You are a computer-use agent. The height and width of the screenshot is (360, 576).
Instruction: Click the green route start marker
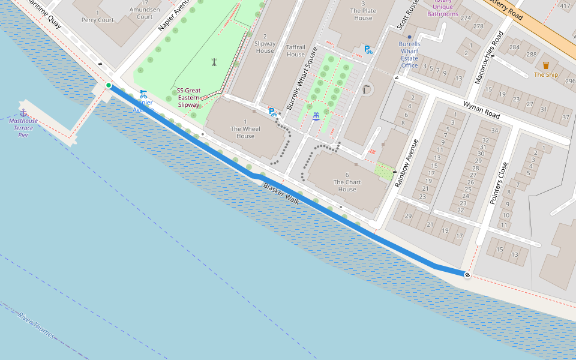pyautogui.click(x=109, y=86)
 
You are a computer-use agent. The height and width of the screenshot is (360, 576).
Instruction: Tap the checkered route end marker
pyautogui.click(x=467, y=275)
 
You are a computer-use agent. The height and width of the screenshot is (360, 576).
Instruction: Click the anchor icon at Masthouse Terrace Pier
pyautogui.click(x=23, y=112)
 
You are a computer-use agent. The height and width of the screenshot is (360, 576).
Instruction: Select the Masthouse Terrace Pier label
pyautogui.click(x=23, y=128)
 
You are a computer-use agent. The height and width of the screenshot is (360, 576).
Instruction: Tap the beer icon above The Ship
pyautogui.click(x=546, y=65)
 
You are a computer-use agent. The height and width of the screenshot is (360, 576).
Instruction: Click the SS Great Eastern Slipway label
pyautogui.click(x=188, y=98)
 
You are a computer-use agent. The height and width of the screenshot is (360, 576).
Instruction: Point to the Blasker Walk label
pyautogui.click(x=281, y=193)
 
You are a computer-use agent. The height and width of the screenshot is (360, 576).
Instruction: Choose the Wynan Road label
pyautogui.click(x=481, y=109)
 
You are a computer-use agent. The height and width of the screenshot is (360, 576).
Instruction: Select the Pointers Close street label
pyautogui.click(x=498, y=183)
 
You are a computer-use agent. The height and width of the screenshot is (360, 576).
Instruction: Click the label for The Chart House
pyautogui.click(x=347, y=182)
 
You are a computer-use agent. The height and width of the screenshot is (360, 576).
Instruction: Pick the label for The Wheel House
pyautogui.click(x=245, y=132)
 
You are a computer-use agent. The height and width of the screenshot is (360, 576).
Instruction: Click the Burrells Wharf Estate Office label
pyautogui.click(x=410, y=55)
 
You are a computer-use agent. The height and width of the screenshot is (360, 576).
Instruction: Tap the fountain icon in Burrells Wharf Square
pyautogui.click(x=316, y=116)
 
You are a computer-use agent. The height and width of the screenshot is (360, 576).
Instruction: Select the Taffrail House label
pyautogui.click(x=295, y=50)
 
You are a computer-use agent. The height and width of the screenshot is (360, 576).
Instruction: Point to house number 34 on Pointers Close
pyautogui.click(x=494, y=130)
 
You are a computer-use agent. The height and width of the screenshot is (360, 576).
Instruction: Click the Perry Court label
pyautogui.click(x=97, y=16)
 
